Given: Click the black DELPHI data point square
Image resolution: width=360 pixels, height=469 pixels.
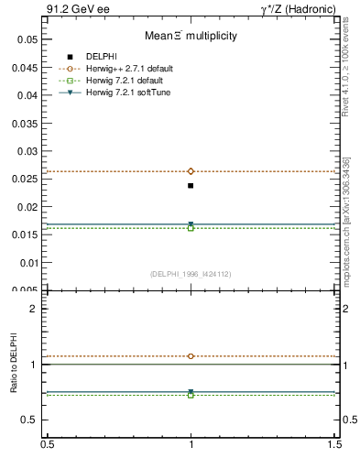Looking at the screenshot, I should pos(191,186).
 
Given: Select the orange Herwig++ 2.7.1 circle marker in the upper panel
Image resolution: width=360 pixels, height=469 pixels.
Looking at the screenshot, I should pos(191,171).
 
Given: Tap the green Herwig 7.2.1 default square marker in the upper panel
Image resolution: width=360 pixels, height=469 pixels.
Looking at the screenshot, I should pos(191,227).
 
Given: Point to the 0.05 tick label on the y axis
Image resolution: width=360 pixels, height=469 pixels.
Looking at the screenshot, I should pos(27,39).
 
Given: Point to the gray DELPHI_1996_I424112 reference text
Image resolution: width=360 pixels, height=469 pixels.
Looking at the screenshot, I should pos(191,273).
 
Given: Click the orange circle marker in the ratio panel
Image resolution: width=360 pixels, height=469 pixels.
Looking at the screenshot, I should pos(191,356).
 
